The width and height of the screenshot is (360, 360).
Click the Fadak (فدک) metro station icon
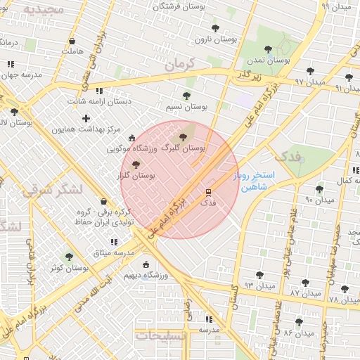point(208,191)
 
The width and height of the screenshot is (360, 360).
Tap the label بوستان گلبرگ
point(183,148)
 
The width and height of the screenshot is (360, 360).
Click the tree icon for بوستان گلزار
point(136,164)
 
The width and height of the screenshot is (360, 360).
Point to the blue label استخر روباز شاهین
point(254,181)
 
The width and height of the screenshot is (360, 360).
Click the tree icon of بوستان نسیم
point(186,96)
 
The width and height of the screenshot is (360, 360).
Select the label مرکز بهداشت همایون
point(93,130)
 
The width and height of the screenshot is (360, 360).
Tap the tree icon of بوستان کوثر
point(68,257)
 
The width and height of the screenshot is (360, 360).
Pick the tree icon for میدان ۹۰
point(319,189)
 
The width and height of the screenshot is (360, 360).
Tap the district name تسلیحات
point(161,336)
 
